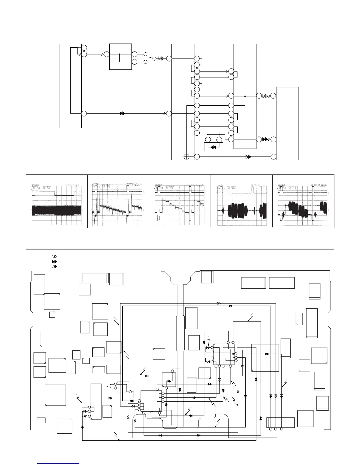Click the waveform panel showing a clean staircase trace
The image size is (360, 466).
(180, 201)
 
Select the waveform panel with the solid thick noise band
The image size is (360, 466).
(57, 201)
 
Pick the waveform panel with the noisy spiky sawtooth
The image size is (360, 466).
(118, 201)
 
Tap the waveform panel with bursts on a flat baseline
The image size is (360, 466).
(242, 201)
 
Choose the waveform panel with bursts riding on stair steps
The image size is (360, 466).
(303, 201)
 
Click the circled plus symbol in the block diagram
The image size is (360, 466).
(186, 157)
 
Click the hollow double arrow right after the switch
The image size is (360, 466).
(161, 59)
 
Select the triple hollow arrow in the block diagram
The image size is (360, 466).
(266, 96)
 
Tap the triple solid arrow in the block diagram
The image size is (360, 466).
(266, 139)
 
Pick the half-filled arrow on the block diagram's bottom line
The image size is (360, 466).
(248, 157)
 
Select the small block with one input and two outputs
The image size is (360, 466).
(120, 57)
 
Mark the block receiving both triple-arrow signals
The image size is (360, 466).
(287, 123)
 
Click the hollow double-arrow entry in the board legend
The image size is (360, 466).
(54, 257)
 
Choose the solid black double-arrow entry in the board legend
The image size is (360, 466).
(54, 262)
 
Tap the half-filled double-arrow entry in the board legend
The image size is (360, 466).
(54, 266)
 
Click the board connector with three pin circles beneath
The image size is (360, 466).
(280, 422)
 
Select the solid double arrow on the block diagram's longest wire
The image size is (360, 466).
(123, 113)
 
